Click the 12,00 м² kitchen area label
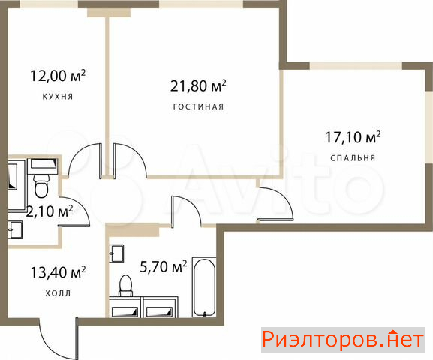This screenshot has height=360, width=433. pyautogui.click(x=58, y=76)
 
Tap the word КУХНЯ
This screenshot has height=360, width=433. pyautogui.click(x=58, y=97)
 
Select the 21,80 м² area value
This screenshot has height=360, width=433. pyautogui.click(x=198, y=85)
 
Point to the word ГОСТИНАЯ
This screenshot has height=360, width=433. pyautogui.click(x=198, y=106)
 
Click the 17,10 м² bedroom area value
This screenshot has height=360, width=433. pyautogui.click(x=353, y=137)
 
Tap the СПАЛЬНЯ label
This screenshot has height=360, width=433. pyautogui.click(x=353, y=158)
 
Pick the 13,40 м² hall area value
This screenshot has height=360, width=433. pyautogui.click(x=58, y=272)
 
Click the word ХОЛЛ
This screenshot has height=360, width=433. pyautogui.click(x=58, y=293)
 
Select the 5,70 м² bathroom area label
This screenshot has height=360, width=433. pyautogui.click(x=163, y=267)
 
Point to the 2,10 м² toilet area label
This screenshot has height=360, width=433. pyautogui.click(x=50, y=211)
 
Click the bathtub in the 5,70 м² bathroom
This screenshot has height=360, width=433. pyautogui.click(x=204, y=287)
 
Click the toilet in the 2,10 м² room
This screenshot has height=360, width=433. pyautogui.click(x=41, y=185)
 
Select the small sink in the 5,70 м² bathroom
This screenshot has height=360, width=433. pyautogui.click(x=116, y=253)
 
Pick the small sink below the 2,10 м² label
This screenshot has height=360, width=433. pyautogui.click(x=15, y=229)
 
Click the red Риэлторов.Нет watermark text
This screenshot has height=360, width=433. pyautogui.click(x=343, y=340)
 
